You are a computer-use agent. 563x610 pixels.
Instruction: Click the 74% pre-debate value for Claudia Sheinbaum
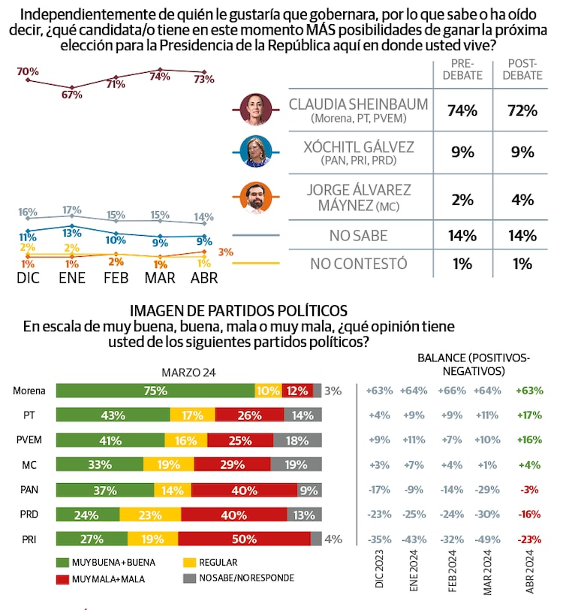tap(462, 111)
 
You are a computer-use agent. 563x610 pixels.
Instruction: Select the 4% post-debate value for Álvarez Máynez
tap(522, 200)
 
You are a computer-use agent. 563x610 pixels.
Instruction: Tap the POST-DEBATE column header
tap(522, 70)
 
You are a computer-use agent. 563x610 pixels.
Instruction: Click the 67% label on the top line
tap(71, 95)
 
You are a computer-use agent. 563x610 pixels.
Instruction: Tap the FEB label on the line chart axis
tap(116, 278)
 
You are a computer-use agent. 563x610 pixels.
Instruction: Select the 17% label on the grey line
tap(72, 210)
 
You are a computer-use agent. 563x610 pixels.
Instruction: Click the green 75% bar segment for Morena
tap(155, 391)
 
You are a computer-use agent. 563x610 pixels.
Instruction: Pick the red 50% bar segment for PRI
tap(244, 539)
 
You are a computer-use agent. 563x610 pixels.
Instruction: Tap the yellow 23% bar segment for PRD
tap(150, 515)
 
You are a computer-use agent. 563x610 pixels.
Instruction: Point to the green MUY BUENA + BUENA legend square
tap(62, 562)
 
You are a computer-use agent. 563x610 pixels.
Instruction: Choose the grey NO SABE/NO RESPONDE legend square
tap(190, 578)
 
